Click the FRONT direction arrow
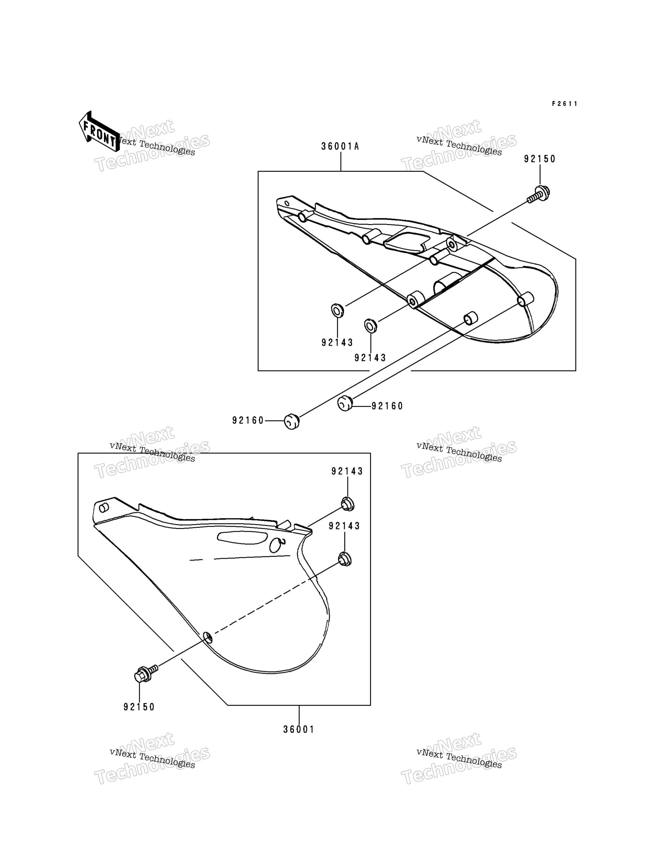click(x=99, y=131)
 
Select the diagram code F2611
click(x=565, y=104)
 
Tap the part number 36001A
click(x=340, y=146)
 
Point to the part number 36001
click(x=298, y=730)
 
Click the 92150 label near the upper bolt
click(x=540, y=159)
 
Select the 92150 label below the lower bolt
click(x=139, y=707)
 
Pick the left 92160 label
click(x=248, y=420)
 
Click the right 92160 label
click(x=387, y=406)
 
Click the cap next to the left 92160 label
click(x=292, y=421)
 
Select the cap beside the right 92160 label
click(x=345, y=403)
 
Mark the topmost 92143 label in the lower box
click(x=347, y=471)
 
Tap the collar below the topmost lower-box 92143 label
click(x=347, y=504)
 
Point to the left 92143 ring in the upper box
click(x=337, y=311)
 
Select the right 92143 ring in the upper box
click(x=370, y=326)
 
